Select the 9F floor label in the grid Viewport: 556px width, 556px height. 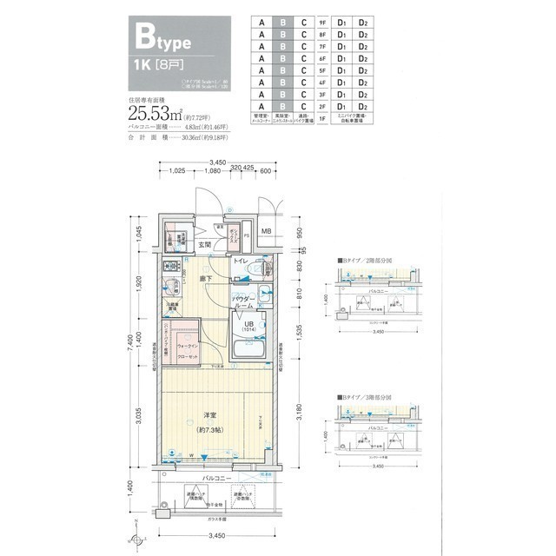click(x=322, y=23)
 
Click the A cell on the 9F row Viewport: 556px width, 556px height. click(x=259, y=23)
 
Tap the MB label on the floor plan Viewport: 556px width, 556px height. click(x=267, y=231)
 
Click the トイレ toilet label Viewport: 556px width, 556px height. click(x=241, y=261)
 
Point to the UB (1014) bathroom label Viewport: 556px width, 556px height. click(x=249, y=328)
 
